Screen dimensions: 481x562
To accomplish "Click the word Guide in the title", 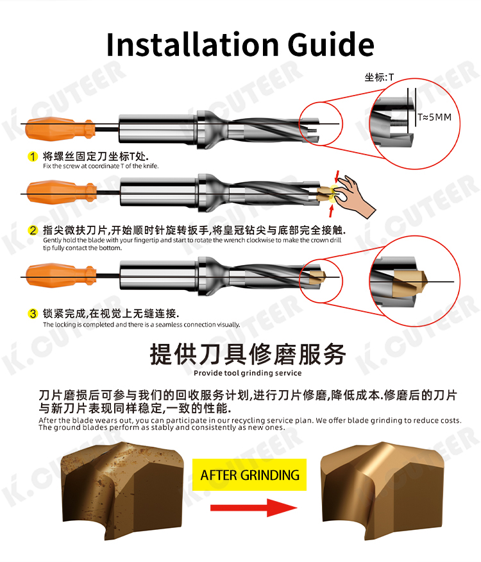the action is (330, 45).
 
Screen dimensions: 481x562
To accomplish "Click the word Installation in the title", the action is (192, 44).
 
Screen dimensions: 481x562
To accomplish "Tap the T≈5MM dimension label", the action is (434, 117).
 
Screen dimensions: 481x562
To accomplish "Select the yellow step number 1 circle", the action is (33, 157).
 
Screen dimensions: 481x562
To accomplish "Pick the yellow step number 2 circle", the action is (33, 230).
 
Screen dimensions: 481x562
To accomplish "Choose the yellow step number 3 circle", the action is (33, 314).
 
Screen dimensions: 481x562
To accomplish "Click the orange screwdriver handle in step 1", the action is (60, 128).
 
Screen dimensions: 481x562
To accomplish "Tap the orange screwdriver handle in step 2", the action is (62, 192).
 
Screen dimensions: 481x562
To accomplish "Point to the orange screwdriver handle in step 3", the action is (61, 275).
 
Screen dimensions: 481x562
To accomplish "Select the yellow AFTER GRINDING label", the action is (249, 475).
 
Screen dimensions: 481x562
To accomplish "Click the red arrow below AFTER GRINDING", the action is (254, 507).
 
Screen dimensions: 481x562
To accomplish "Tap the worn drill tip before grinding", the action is (122, 491).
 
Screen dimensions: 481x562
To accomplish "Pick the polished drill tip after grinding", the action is (382, 491).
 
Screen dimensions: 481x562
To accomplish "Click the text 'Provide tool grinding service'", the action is (248, 373).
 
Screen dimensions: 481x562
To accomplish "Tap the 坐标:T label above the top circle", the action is (379, 77).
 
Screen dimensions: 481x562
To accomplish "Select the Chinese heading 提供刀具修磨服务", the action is (248, 354).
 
